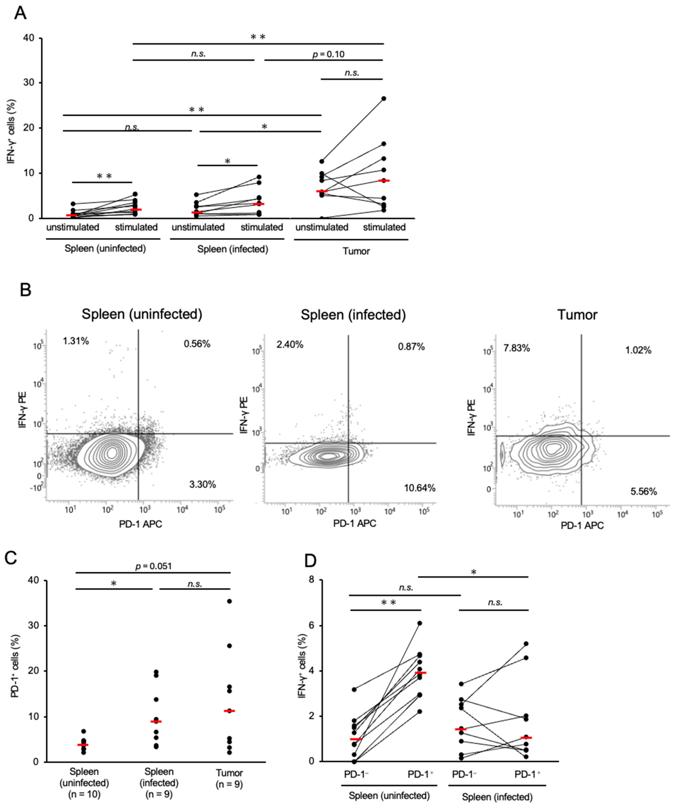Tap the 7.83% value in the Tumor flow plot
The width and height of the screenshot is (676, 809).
(516, 348)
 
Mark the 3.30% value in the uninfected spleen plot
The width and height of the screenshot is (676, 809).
(203, 484)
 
